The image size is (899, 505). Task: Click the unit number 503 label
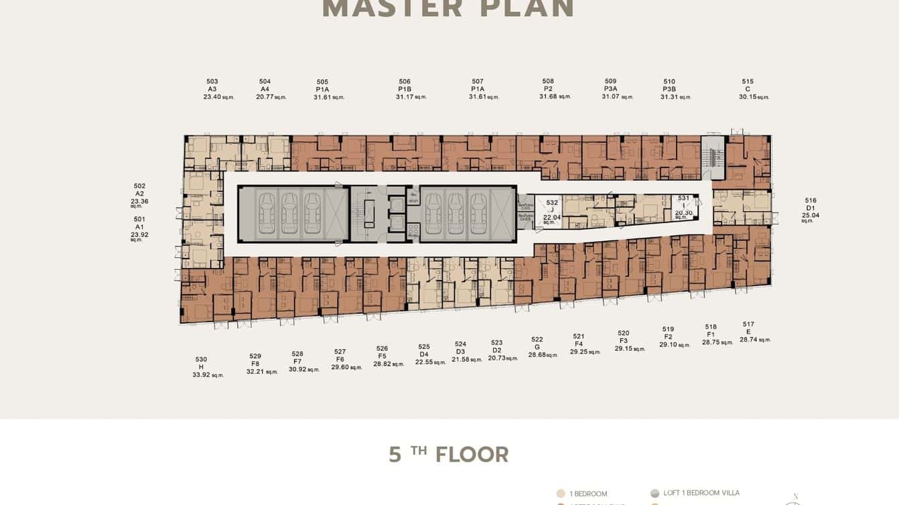tap(212, 82)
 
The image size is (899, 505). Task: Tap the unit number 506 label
tap(405, 82)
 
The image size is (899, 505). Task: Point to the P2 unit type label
tap(548, 89)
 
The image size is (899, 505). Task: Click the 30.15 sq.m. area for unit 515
tap(748, 96)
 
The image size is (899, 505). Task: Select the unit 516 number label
tap(811, 200)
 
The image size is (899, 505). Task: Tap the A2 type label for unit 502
tap(139, 194)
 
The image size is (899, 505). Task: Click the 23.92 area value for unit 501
tap(139, 234)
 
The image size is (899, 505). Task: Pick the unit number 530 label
tap(201, 359)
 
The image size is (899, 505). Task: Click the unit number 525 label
tap(424, 347)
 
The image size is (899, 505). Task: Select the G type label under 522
tap(537, 347)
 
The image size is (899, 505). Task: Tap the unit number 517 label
tap(748, 324)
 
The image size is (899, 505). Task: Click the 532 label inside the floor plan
tap(552, 202)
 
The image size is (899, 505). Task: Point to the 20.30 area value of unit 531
tap(683, 212)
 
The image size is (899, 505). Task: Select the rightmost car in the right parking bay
tap(478, 214)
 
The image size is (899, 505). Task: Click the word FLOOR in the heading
tap(472, 455)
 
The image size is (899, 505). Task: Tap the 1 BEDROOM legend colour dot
tap(561, 494)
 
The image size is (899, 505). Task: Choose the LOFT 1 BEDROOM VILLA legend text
tap(701, 493)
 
